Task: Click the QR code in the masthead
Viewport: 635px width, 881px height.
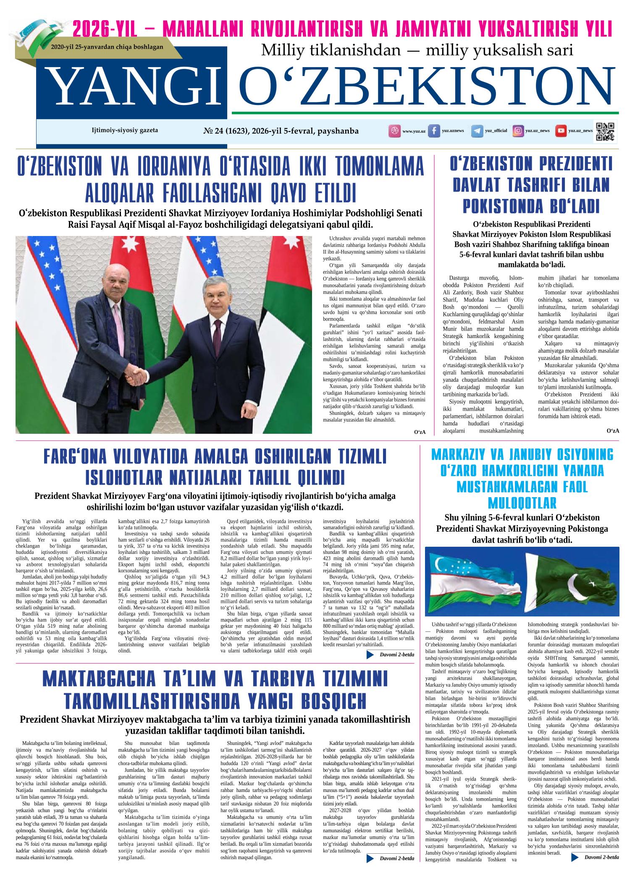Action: click(x=605, y=131)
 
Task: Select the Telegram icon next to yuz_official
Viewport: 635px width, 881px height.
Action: click(x=477, y=131)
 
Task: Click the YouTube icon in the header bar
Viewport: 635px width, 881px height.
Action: click(x=560, y=131)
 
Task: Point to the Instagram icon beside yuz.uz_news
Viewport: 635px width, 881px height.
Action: click(x=519, y=131)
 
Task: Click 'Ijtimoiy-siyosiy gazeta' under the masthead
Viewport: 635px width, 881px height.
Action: click(x=125, y=130)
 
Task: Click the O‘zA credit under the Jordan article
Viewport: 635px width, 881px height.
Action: click(x=420, y=433)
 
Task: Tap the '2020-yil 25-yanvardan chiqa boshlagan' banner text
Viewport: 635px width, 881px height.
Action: click(x=107, y=47)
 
